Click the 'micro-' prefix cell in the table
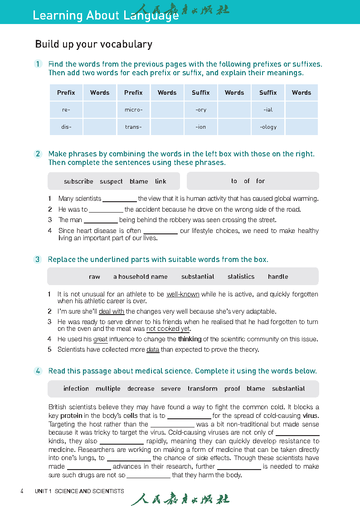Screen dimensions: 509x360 pos(133,110)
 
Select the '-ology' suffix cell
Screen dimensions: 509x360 pos(268,127)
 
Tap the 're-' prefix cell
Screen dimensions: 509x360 pos(66,110)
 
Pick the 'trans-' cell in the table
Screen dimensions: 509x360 pos(133,127)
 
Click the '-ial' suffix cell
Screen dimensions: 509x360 pos(268,110)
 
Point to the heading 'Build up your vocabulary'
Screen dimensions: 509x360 pos(93,44)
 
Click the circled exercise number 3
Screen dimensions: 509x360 pos(38,259)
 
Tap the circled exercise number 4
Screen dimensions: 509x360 pos(38,371)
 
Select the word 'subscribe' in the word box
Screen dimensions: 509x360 pos(78,181)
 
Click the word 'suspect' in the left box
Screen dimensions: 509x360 pos(111,181)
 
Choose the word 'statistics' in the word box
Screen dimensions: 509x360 pos(241,276)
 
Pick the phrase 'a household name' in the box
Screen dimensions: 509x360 pos(140,276)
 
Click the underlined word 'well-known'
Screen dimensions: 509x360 pos(183,294)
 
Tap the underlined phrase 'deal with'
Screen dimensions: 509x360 pos(112,311)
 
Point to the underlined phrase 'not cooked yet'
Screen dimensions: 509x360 pos(168,329)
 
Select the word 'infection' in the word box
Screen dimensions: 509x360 pos(76,388)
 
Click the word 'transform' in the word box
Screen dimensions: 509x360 pos(202,388)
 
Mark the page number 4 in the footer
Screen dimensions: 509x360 pos(22,491)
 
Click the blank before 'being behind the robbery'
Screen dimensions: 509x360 pos(101,220)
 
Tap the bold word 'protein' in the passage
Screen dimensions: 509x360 pos(71,416)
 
